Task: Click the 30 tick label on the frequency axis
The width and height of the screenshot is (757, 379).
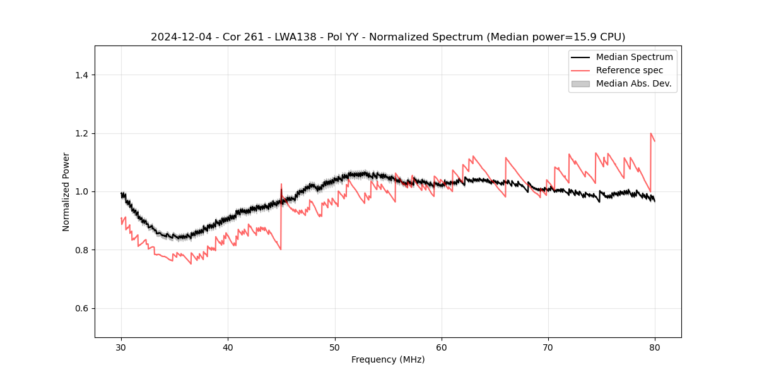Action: [x=122, y=347]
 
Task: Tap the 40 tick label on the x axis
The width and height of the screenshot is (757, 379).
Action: [x=228, y=347]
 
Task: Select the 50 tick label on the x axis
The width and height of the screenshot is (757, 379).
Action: [x=335, y=347]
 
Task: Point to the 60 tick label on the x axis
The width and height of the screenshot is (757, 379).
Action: [x=442, y=347]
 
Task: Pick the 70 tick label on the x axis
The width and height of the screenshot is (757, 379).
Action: [x=548, y=347]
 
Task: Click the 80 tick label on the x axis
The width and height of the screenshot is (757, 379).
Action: [x=655, y=347]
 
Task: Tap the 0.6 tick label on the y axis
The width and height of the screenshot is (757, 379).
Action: [x=81, y=308]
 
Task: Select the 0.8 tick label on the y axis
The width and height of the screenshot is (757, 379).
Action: [x=81, y=250]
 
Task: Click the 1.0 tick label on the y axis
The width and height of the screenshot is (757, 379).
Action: [x=81, y=191]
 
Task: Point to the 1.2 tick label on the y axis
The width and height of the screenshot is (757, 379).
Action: [x=81, y=133]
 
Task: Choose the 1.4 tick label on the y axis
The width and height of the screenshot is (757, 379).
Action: [x=81, y=75]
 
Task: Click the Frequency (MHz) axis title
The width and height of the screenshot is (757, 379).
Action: [x=388, y=360]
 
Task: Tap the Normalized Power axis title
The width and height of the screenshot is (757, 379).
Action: [x=66, y=191]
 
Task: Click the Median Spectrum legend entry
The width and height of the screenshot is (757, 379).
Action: [x=634, y=57]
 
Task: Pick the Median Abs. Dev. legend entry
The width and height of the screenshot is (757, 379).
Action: [x=633, y=83]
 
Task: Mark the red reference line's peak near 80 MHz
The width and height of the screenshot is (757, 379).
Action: [x=650, y=133]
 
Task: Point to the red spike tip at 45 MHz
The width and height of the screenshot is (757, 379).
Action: [x=281, y=184]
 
